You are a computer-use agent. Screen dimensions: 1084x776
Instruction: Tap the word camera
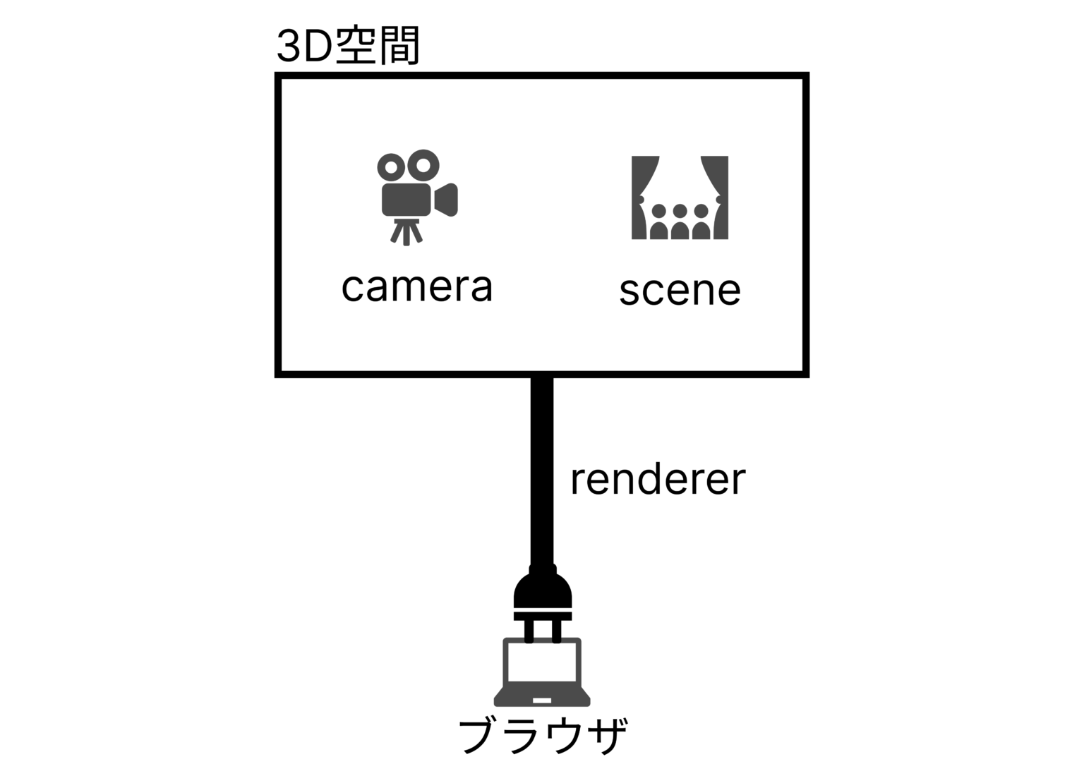click(416, 287)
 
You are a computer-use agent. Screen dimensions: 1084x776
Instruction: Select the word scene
click(680, 291)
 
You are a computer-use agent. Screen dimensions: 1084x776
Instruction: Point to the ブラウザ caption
click(543, 736)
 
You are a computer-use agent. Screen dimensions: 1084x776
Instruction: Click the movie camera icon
click(417, 198)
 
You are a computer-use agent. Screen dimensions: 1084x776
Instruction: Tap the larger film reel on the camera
click(423, 166)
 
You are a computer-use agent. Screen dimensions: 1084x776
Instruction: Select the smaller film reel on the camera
click(391, 168)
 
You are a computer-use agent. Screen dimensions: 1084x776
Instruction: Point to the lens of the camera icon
click(446, 200)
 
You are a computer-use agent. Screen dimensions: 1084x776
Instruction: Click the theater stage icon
click(680, 198)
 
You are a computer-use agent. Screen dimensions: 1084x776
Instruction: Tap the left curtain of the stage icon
click(643, 198)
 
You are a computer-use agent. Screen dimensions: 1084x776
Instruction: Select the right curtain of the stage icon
click(716, 198)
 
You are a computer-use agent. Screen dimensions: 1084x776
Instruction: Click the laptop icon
click(542, 672)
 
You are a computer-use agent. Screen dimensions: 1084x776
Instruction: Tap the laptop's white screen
click(542, 662)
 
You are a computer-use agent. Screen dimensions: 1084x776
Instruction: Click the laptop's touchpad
click(542, 701)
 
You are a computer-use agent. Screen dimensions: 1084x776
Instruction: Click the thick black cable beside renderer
click(542, 472)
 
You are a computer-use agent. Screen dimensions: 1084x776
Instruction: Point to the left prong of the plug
click(529, 631)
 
